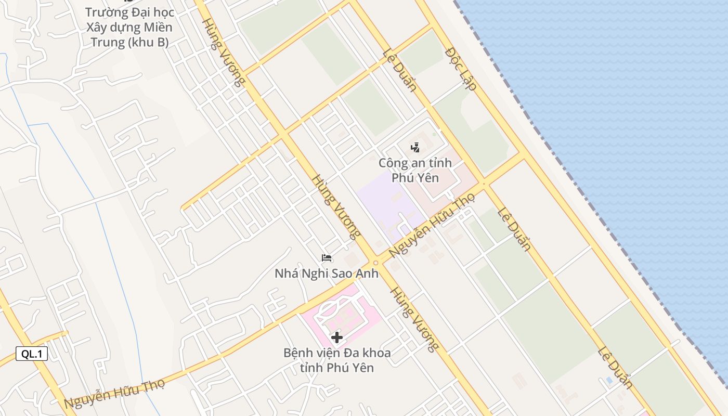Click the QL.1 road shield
[x=32, y=354]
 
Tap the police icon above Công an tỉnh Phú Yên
[x=415, y=148]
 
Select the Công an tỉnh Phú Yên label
[x=415, y=170]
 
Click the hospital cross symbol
[x=336, y=337]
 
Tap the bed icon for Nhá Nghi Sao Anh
[x=327, y=258]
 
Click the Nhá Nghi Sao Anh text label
[x=327, y=273]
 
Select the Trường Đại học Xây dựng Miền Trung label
[x=129, y=27]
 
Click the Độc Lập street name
[x=461, y=69]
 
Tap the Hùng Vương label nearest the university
[x=223, y=52]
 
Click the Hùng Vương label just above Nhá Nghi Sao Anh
[x=336, y=206]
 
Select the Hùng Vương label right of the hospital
[x=414, y=319]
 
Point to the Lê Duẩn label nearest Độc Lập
[x=399, y=70]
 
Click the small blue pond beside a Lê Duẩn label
[x=609, y=380]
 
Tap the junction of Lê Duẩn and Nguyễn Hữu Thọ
[x=484, y=183]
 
